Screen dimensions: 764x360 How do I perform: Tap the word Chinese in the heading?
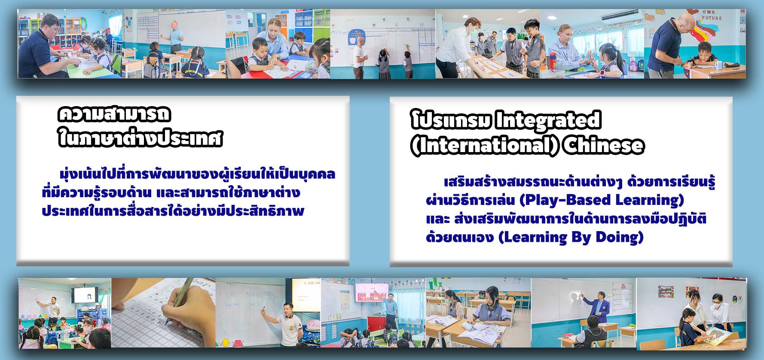pos(604,146)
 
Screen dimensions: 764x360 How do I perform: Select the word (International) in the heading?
pos(485,146)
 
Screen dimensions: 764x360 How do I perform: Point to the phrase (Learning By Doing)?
pos(571,237)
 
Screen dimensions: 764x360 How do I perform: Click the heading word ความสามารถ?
pos(114,115)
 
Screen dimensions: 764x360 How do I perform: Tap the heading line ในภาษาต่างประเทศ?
pos(140,139)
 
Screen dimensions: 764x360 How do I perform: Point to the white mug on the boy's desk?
pos(718,66)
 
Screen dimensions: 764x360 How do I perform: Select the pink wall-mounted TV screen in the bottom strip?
pos(371,293)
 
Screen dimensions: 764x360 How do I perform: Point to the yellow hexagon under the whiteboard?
pos(226,342)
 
